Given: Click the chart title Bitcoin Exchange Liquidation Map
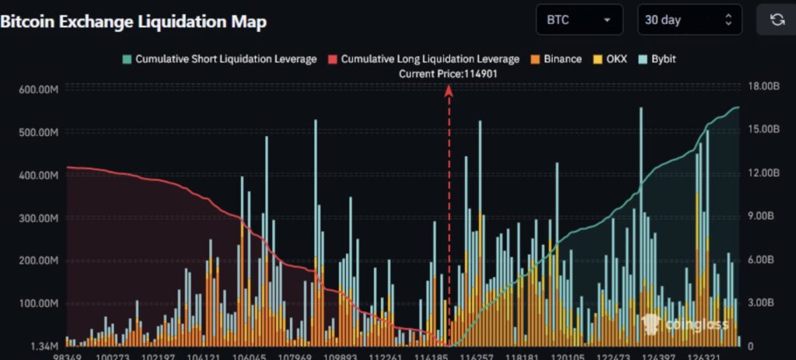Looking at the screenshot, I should [x=134, y=21].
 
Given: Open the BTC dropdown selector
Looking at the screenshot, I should [x=579, y=20].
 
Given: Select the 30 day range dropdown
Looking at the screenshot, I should [x=687, y=20].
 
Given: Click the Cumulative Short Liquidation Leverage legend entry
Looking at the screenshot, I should [x=220, y=58].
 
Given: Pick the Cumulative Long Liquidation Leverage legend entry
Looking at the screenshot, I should [x=424, y=58].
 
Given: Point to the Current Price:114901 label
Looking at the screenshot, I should [x=448, y=73].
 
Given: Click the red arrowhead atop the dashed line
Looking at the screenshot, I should [x=449, y=89].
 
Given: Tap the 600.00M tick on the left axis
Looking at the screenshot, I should [x=38, y=90].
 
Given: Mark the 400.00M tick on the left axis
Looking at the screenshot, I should [x=38, y=176].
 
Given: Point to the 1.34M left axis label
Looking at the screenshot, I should [x=43, y=345].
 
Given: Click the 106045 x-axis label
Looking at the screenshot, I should [x=250, y=356].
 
